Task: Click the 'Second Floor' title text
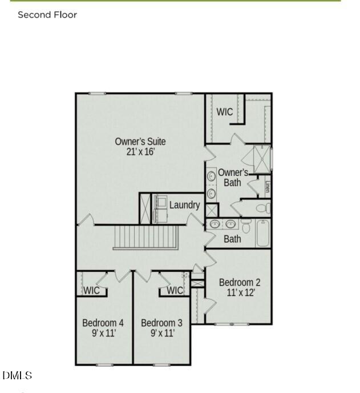[47, 15]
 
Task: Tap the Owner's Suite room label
[140, 141]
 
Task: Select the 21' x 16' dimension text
[140, 152]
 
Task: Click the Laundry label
[184, 204]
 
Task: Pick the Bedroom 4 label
[103, 322]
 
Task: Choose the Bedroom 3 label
[162, 322]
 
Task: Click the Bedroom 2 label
[240, 282]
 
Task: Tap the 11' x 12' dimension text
[240, 292]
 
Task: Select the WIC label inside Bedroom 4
[92, 290]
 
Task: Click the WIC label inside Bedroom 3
[175, 290]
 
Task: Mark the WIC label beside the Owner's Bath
[225, 111]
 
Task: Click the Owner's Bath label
[233, 177]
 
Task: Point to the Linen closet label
[268, 187]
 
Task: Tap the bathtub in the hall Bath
[262, 232]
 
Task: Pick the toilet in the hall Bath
[246, 227]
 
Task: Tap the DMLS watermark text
[17, 375]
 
